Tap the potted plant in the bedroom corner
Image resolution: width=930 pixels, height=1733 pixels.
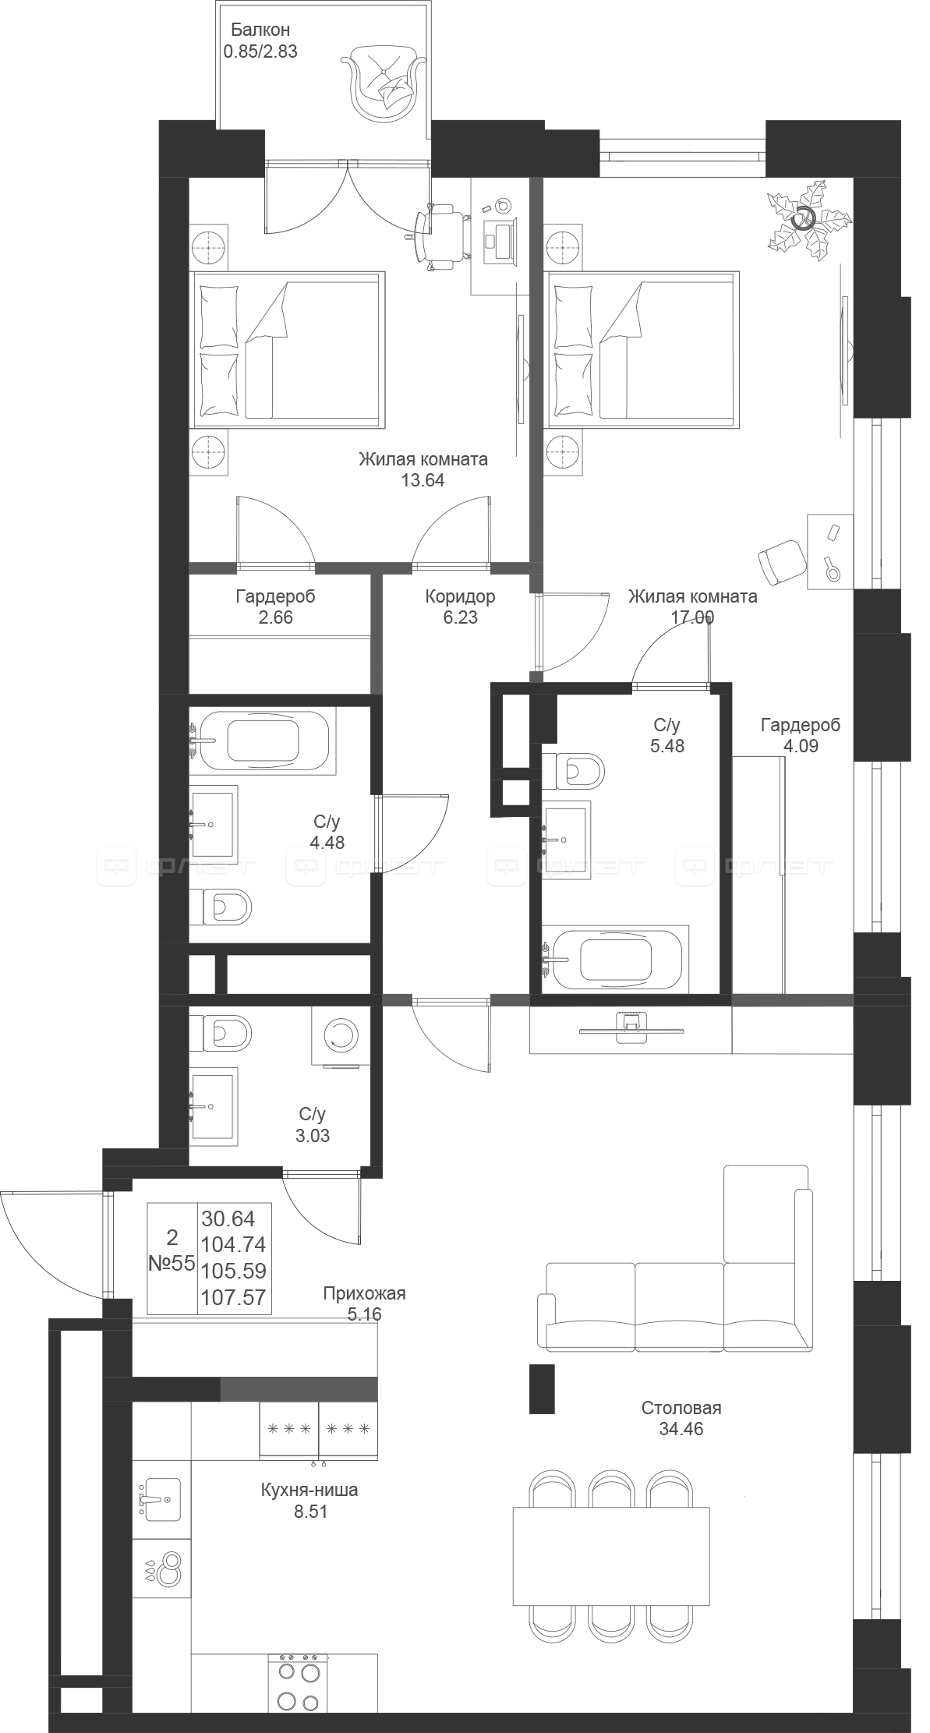pos(806,221)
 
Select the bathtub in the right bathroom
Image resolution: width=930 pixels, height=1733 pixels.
pos(617,958)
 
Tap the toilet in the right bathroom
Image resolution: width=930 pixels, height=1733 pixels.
pos(573,770)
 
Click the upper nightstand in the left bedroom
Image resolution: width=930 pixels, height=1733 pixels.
pos(210,242)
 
